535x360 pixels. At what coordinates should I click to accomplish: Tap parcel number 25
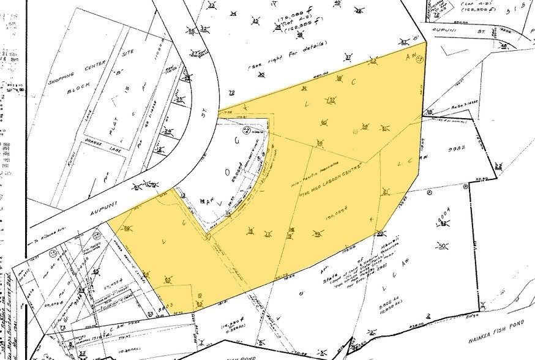pyautogui.click(x=180, y=99)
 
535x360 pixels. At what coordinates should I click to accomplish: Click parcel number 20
pyautogui.click(x=380, y=233)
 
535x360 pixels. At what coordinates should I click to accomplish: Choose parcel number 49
pyautogui.click(x=317, y=233)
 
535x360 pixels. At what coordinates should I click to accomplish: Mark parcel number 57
pyautogui.click(x=332, y=99)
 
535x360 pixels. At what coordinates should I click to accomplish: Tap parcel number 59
pyautogui.click(x=128, y=230)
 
